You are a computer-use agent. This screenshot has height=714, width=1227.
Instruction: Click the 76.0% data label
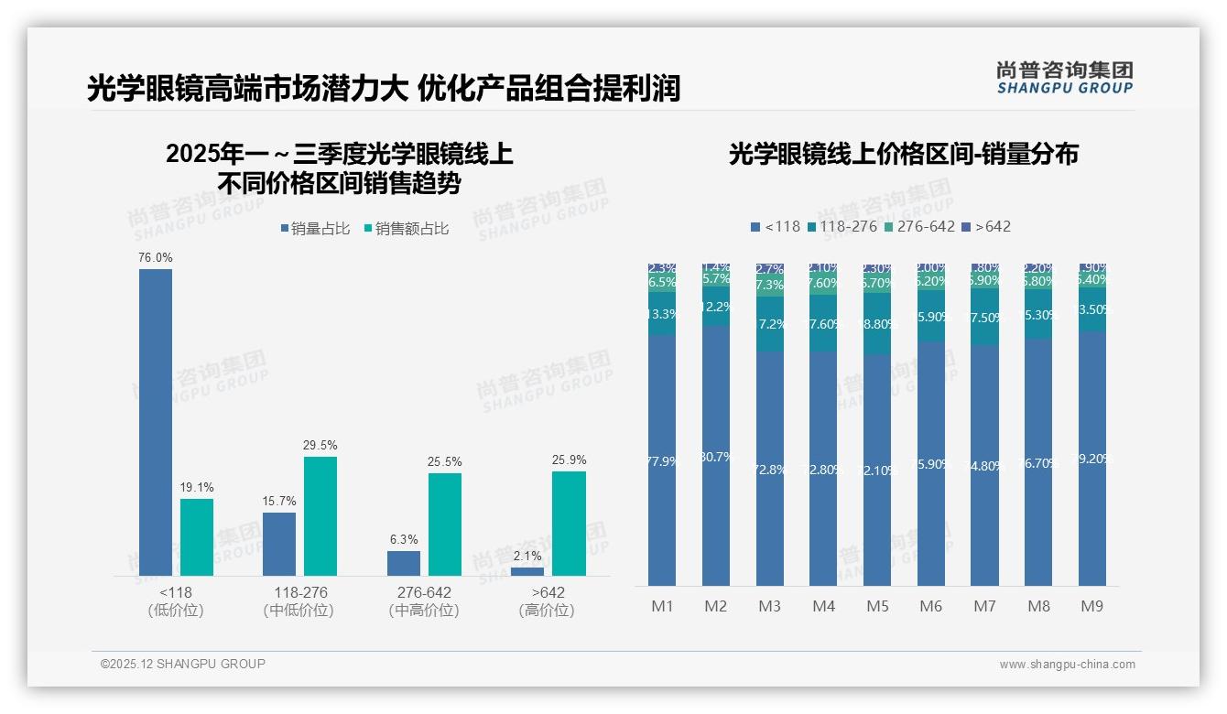pyautogui.click(x=155, y=258)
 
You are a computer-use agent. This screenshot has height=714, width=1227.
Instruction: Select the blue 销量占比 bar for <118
pyautogui.click(x=155, y=421)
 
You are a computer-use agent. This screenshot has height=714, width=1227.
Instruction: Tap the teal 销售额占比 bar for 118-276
pyautogui.click(x=320, y=515)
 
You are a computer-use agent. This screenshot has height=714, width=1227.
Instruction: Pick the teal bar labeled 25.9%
pyautogui.click(x=569, y=523)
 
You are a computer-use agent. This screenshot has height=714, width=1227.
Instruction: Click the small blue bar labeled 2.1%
pyautogui.click(x=527, y=571)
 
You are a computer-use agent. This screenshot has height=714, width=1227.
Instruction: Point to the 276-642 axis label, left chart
pyautogui.click(x=423, y=592)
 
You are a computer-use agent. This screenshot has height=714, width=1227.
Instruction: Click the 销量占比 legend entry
pyautogui.click(x=315, y=229)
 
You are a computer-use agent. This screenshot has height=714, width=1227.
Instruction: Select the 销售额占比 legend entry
pyautogui.click(x=407, y=229)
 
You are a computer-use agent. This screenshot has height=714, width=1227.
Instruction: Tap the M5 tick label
pyautogui.click(x=877, y=606)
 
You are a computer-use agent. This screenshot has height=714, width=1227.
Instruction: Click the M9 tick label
pyautogui.click(x=1091, y=606)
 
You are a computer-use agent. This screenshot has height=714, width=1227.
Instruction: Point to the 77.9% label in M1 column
pyautogui.click(x=662, y=461)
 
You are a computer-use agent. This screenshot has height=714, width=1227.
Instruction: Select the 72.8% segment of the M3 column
pyautogui.click(x=770, y=469)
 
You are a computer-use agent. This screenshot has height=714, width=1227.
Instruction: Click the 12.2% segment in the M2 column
pyautogui.click(x=716, y=307)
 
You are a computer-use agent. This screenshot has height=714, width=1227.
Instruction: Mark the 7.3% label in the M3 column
pyautogui.click(x=770, y=285)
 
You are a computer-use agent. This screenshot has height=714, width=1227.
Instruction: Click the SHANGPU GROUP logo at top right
pyautogui.click(x=1064, y=78)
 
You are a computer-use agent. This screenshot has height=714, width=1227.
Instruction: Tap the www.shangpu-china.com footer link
pyautogui.click(x=1067, y=665)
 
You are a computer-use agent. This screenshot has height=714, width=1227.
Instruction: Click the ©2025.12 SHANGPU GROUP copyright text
pyautogui.click(x=183, y=664)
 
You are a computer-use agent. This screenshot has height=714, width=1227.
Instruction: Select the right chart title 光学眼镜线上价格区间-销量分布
pyautogui.click(x=903, y=154)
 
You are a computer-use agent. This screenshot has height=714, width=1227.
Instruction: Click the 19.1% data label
pyautogui.click(x=196, y=488)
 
